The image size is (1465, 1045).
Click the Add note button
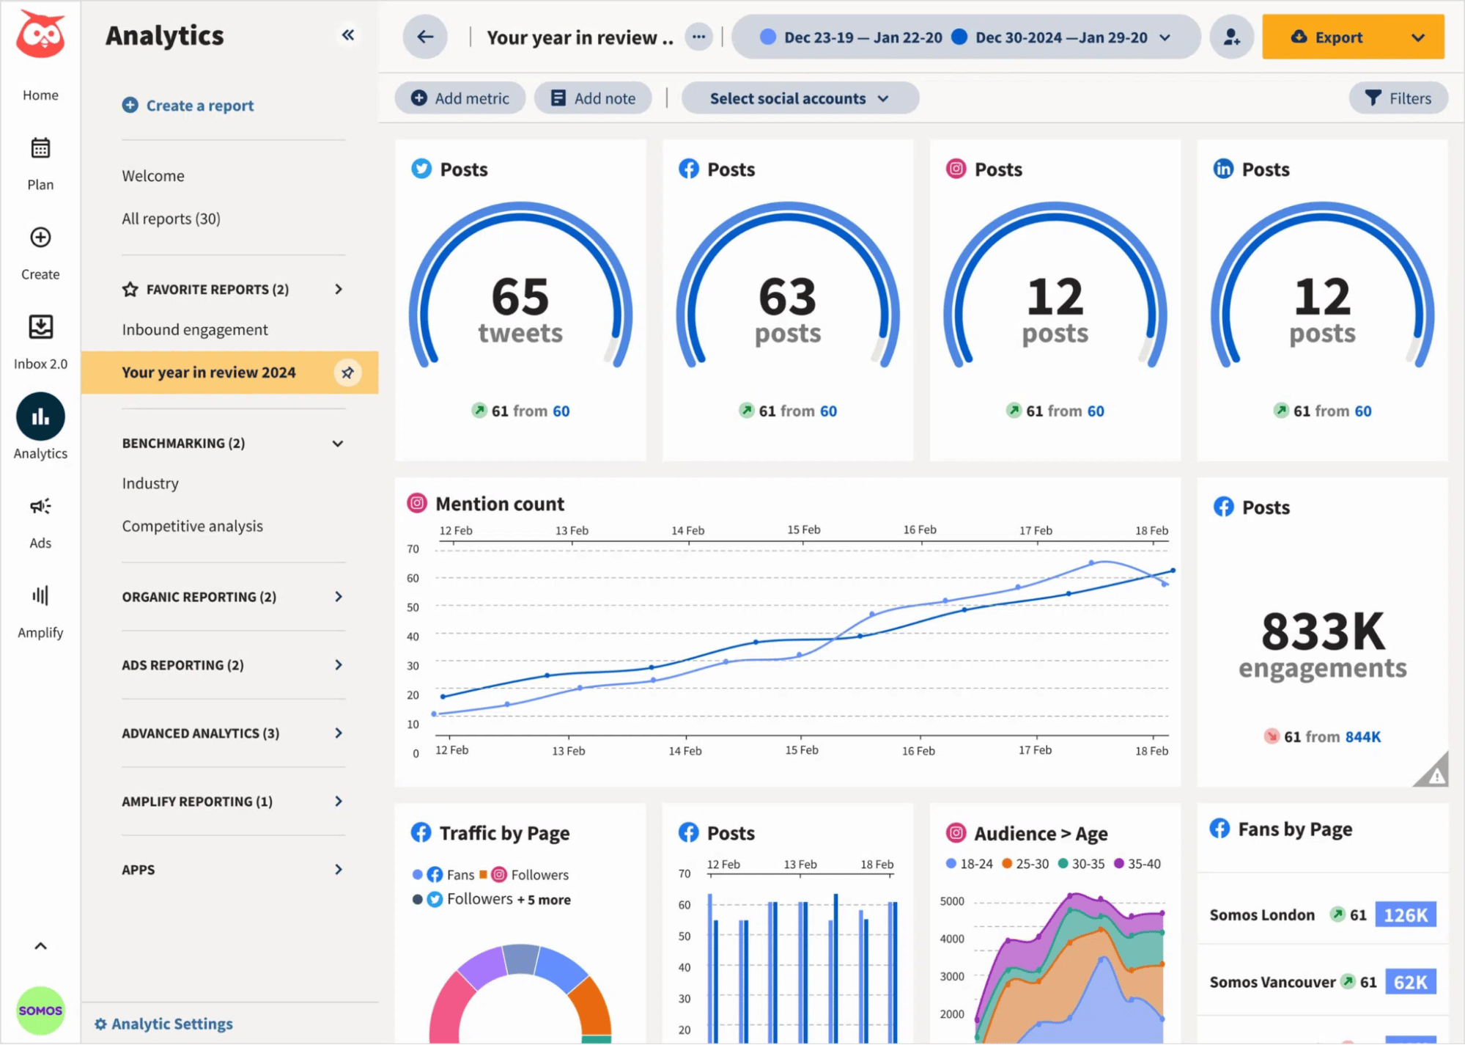(592, 98)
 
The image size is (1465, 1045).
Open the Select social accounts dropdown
(799, 98)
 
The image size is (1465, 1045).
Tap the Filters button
(1398, 98)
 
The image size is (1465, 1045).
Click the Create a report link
(188, 106)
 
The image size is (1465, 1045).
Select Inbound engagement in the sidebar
(195, 330)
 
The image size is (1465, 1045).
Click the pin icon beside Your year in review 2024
(347, 373)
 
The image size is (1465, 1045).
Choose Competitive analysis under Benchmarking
(192, 526)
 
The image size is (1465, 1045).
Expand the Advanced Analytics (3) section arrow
(338, 733)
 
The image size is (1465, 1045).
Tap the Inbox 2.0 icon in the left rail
(40, 327)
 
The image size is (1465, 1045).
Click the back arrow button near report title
(425, 37)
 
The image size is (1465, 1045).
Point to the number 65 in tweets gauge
(520, 296)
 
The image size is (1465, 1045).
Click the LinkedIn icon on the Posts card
(1223, 169)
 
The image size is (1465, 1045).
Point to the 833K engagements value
(1323, 631)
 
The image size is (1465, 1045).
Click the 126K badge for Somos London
(1405, 915)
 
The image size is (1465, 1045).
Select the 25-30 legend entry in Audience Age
(1025, 864)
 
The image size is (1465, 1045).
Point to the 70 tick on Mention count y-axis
(413, 549)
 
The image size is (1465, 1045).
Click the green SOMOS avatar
(40, 1011)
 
